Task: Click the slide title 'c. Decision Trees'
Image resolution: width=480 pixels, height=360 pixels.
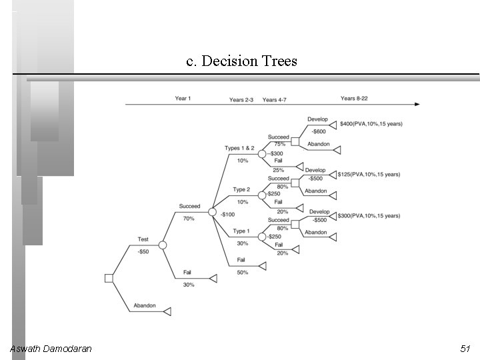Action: [241, 62]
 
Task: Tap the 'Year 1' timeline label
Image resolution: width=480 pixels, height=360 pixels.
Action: [183, 99]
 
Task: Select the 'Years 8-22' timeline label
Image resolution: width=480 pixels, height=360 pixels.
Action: [354, 99]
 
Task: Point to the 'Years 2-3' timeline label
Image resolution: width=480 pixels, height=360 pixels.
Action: [241, 100]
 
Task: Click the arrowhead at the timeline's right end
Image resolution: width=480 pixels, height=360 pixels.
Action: [417, 104]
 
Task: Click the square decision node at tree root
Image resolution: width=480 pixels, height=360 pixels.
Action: [109, 278]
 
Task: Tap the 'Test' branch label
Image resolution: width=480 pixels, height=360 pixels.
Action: [143, 239]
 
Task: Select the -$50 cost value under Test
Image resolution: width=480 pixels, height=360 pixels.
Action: [143, 251]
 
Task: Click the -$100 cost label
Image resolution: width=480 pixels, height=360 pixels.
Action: [227, 215]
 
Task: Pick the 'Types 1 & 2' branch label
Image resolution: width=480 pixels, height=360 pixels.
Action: [239, 148]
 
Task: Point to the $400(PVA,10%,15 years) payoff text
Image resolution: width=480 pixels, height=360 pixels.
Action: [371, 124]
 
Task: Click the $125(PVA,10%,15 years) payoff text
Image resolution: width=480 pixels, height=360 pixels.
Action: [369, 175]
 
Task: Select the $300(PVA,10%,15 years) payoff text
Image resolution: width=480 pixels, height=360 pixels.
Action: [369, 216]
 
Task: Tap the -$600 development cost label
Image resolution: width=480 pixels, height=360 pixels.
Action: [319, 131]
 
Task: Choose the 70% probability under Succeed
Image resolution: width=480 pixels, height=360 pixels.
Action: [189, 219]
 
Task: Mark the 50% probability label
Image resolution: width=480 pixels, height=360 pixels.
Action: [243, 272]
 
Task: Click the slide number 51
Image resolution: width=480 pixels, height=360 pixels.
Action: [465, 349]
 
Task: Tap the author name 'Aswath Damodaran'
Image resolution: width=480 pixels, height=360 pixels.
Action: [51, 349]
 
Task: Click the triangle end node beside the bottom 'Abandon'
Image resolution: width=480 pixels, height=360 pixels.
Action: [168, 311]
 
